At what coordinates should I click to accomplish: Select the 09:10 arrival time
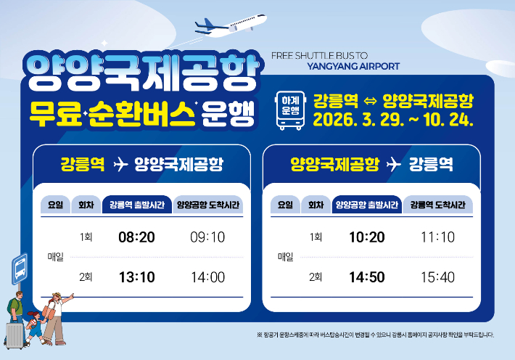coord(206,237)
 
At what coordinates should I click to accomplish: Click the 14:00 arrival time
coord(206,277)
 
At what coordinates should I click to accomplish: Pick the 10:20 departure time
coord(366,237)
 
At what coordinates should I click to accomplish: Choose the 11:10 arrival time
coord(437,237)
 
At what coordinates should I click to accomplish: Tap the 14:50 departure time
coord(366,277)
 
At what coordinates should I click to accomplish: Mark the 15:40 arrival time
coord(437,277)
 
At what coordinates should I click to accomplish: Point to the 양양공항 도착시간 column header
coord(207,205)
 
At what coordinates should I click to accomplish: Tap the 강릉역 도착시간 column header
coord(437,205)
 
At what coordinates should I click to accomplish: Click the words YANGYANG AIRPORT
coord(353,66)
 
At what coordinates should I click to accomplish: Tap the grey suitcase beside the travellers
coord(14,335)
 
